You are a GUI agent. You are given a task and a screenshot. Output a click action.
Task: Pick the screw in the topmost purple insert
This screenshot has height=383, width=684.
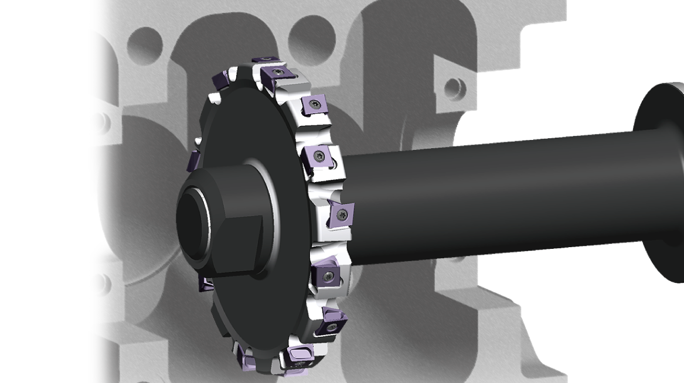[267, 59]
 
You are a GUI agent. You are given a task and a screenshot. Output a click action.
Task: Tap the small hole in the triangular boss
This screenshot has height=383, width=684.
[453, 88]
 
